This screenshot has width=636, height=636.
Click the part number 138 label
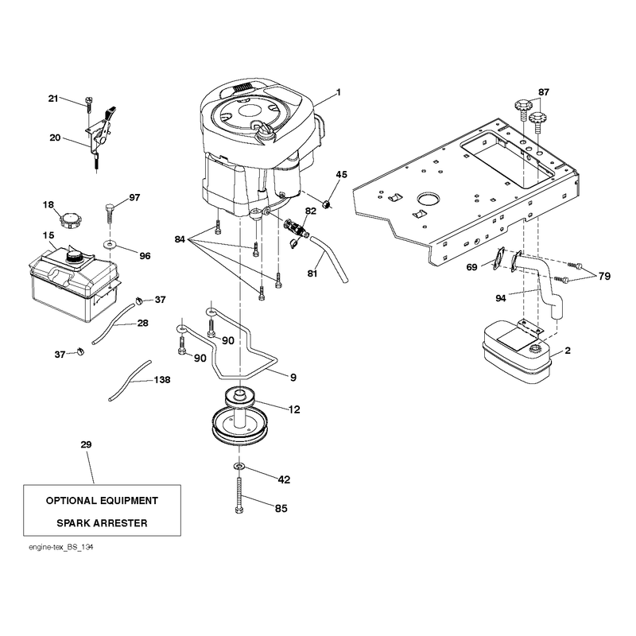click(x=162, y=380)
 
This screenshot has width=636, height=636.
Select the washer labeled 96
click(x=110, y=245)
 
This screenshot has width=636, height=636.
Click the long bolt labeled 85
click(x=239, y=495)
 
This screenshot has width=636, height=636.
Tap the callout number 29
click(x=86, y=444)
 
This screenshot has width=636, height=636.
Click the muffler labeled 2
click(x=516, y=352)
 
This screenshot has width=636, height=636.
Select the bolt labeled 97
click(x=110, y=213)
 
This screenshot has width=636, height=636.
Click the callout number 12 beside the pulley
click(x=294, y=409)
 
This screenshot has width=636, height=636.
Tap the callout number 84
click(x=180, y=239)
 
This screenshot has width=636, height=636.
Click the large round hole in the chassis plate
click(x=428, y=200)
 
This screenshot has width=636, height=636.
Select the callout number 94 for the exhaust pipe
click(x=501, y=299)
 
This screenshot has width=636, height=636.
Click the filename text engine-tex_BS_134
click(x=61, y=547)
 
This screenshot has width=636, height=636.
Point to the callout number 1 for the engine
click(x=339, y=92)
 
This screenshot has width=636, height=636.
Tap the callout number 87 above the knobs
click(x=544, y=92)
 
